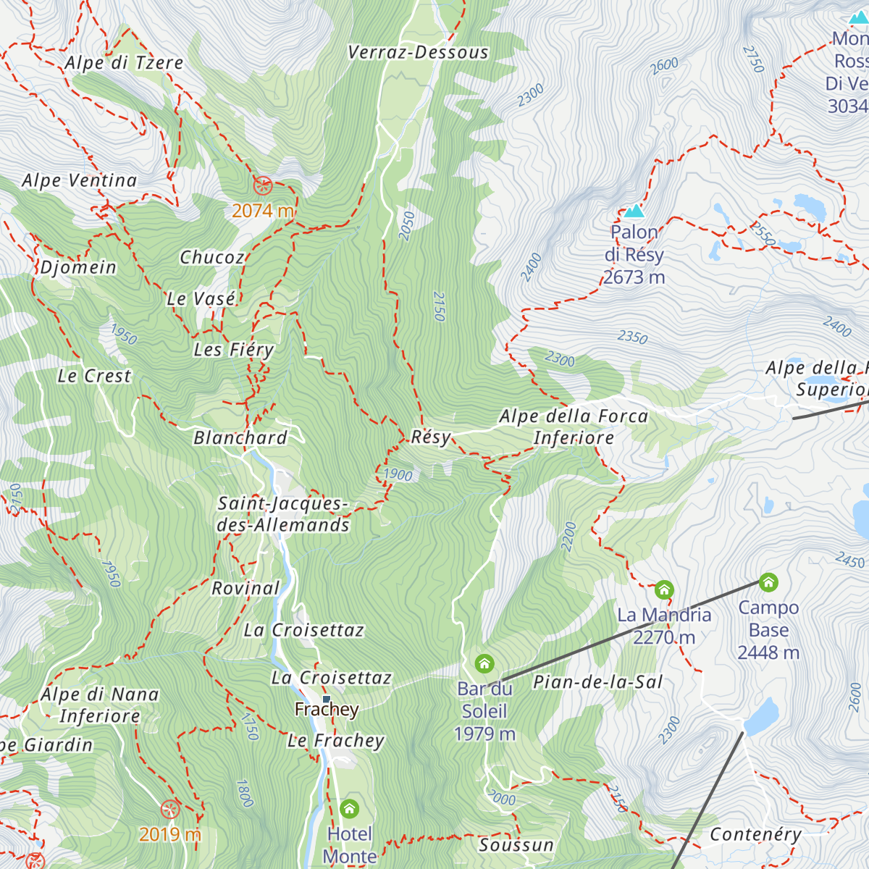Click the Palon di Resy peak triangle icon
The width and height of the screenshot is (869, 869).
click(634, 211)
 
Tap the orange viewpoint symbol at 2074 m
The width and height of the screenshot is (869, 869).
click(263, 185)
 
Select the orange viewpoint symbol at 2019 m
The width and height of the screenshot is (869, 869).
click(170, 809)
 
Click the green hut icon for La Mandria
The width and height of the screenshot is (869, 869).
click(664, 589)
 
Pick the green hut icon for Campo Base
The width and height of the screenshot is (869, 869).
click(768, 582)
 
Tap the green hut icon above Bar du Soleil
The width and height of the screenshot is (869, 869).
click(484, 663)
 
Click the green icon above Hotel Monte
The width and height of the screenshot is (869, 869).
click(349, 808)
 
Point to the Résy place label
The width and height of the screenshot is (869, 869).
click(431, 437)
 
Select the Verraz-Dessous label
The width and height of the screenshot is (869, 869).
click(418, 52)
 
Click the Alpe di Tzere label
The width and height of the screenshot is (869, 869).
click(124, 63)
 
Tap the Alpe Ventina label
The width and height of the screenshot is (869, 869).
click(80, 180)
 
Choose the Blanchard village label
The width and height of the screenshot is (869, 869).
click(240, 437)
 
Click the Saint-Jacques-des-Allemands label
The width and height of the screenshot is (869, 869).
click(283, 514)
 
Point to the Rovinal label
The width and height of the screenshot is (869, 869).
click(245, 588)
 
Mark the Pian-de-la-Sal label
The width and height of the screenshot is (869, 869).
click(598, 682)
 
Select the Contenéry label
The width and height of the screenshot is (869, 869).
click(755, 834)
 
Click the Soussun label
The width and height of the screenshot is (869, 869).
click(516, 845)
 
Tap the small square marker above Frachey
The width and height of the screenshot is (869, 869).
click(326, 699)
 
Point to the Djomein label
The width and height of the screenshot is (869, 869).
click(78, 267)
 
